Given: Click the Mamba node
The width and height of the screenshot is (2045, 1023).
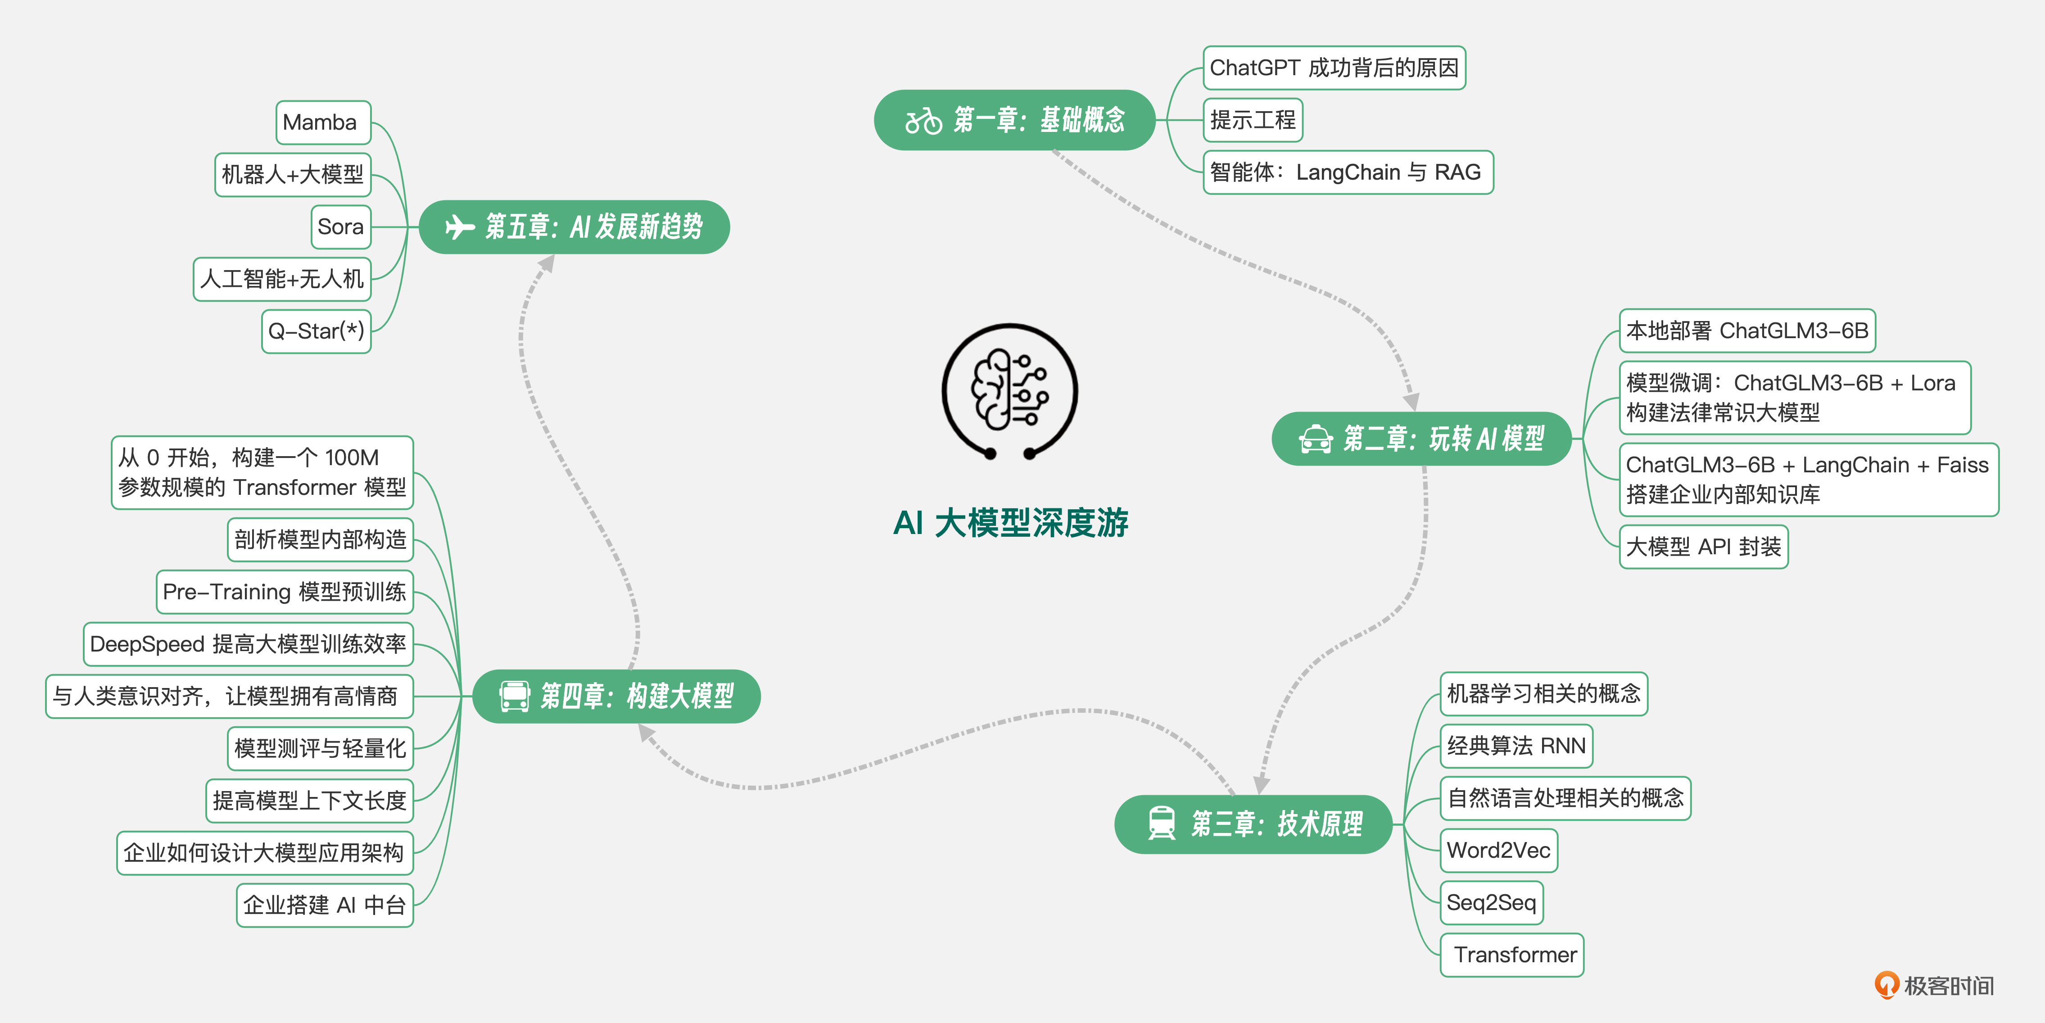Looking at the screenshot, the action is [323, 122].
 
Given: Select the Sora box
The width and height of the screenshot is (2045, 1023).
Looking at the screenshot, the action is [340, 227].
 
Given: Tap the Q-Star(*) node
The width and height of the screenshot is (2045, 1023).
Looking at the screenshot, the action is [316, 331].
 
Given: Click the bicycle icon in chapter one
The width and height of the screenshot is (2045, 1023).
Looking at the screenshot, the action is [923, 121].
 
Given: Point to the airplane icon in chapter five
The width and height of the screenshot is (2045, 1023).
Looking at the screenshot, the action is [460, 227].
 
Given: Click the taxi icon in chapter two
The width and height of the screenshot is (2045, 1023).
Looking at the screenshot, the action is [1316, 439].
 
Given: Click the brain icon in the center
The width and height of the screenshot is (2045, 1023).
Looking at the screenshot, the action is [1010, 390].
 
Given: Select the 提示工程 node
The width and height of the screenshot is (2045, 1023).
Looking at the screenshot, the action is [1253, 120].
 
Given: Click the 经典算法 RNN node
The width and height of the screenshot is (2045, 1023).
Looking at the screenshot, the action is [1516, 746].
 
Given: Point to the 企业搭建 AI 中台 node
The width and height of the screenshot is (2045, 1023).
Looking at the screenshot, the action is [325, 905].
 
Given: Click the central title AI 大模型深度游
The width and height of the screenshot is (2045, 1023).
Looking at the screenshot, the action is [1011, 523].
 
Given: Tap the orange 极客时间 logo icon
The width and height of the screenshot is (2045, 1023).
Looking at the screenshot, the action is [1886, 985].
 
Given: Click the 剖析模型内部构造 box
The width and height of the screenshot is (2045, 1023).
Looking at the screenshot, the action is [321, 540].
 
